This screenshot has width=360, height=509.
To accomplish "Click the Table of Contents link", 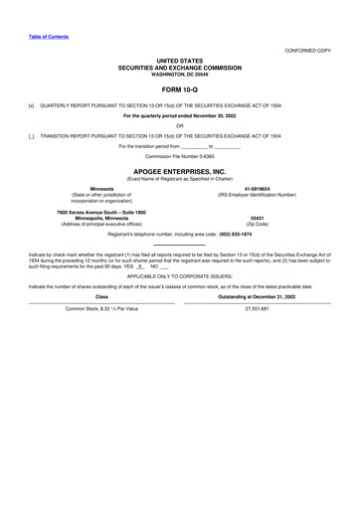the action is (x=48, y=36).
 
